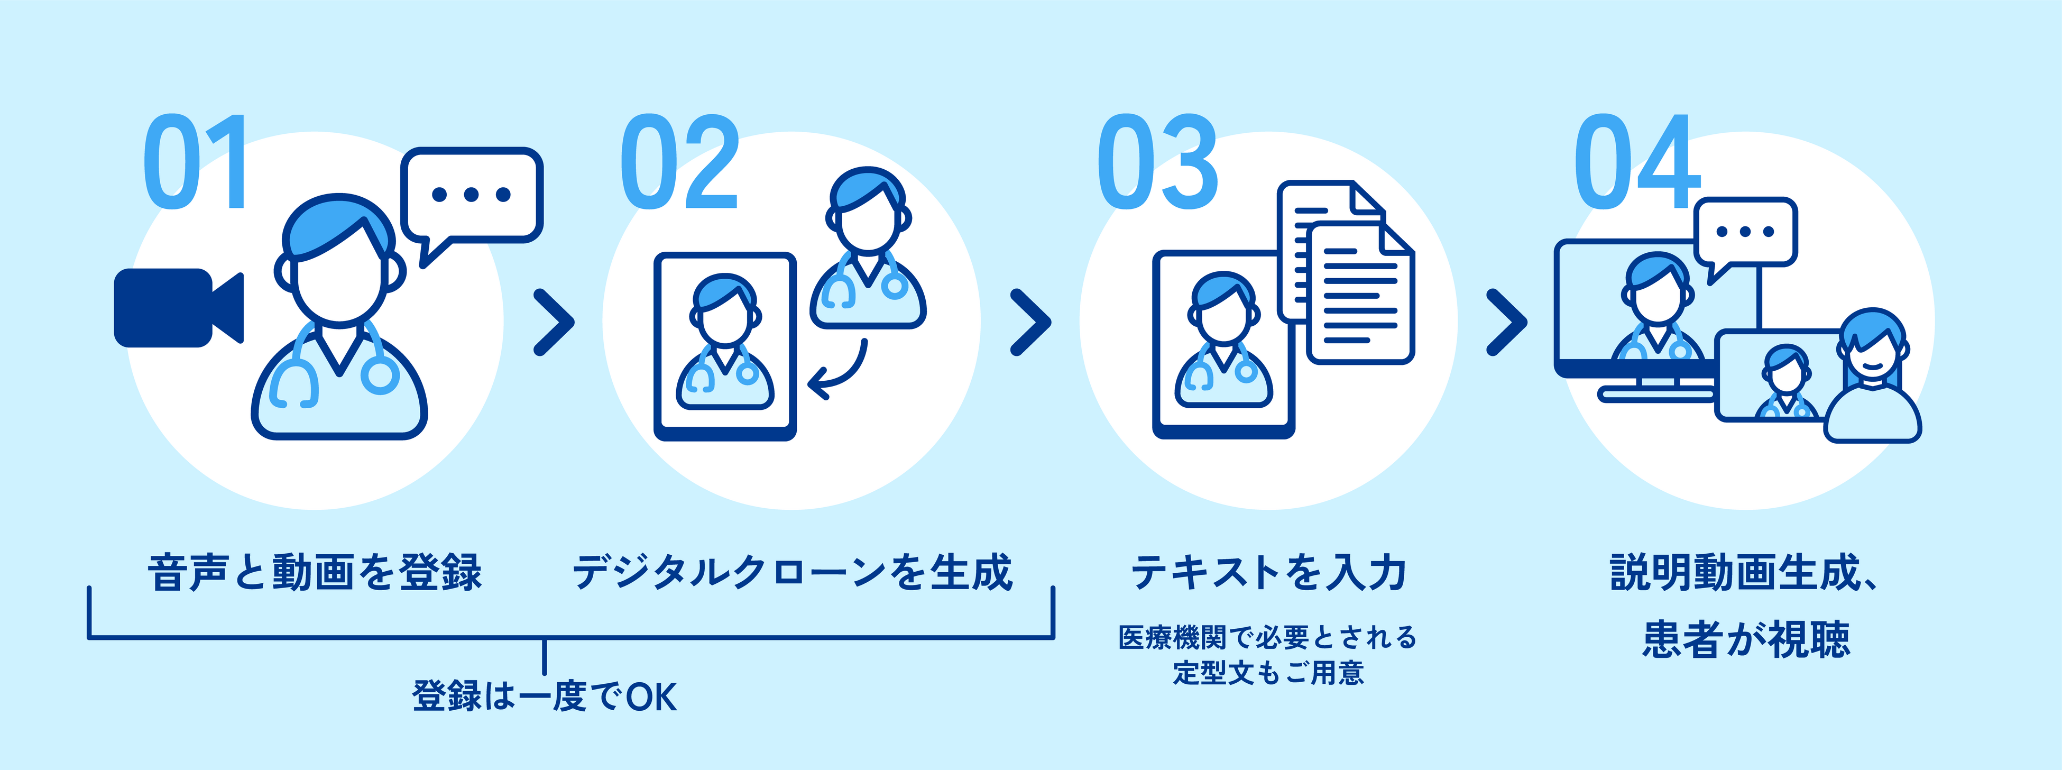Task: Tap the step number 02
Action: click(x=679, y=162)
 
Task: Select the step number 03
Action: click(x=1157, y=162)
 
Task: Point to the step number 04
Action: click(x=1636, y=162)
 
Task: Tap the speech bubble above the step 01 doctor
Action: click(x=472, y=196)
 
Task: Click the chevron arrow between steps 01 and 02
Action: click(x=554, y=322)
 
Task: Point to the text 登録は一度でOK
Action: click(x=545, y=695)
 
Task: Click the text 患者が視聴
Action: click(x=1746, y=639)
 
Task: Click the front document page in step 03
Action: click(x=1359, y=296)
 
